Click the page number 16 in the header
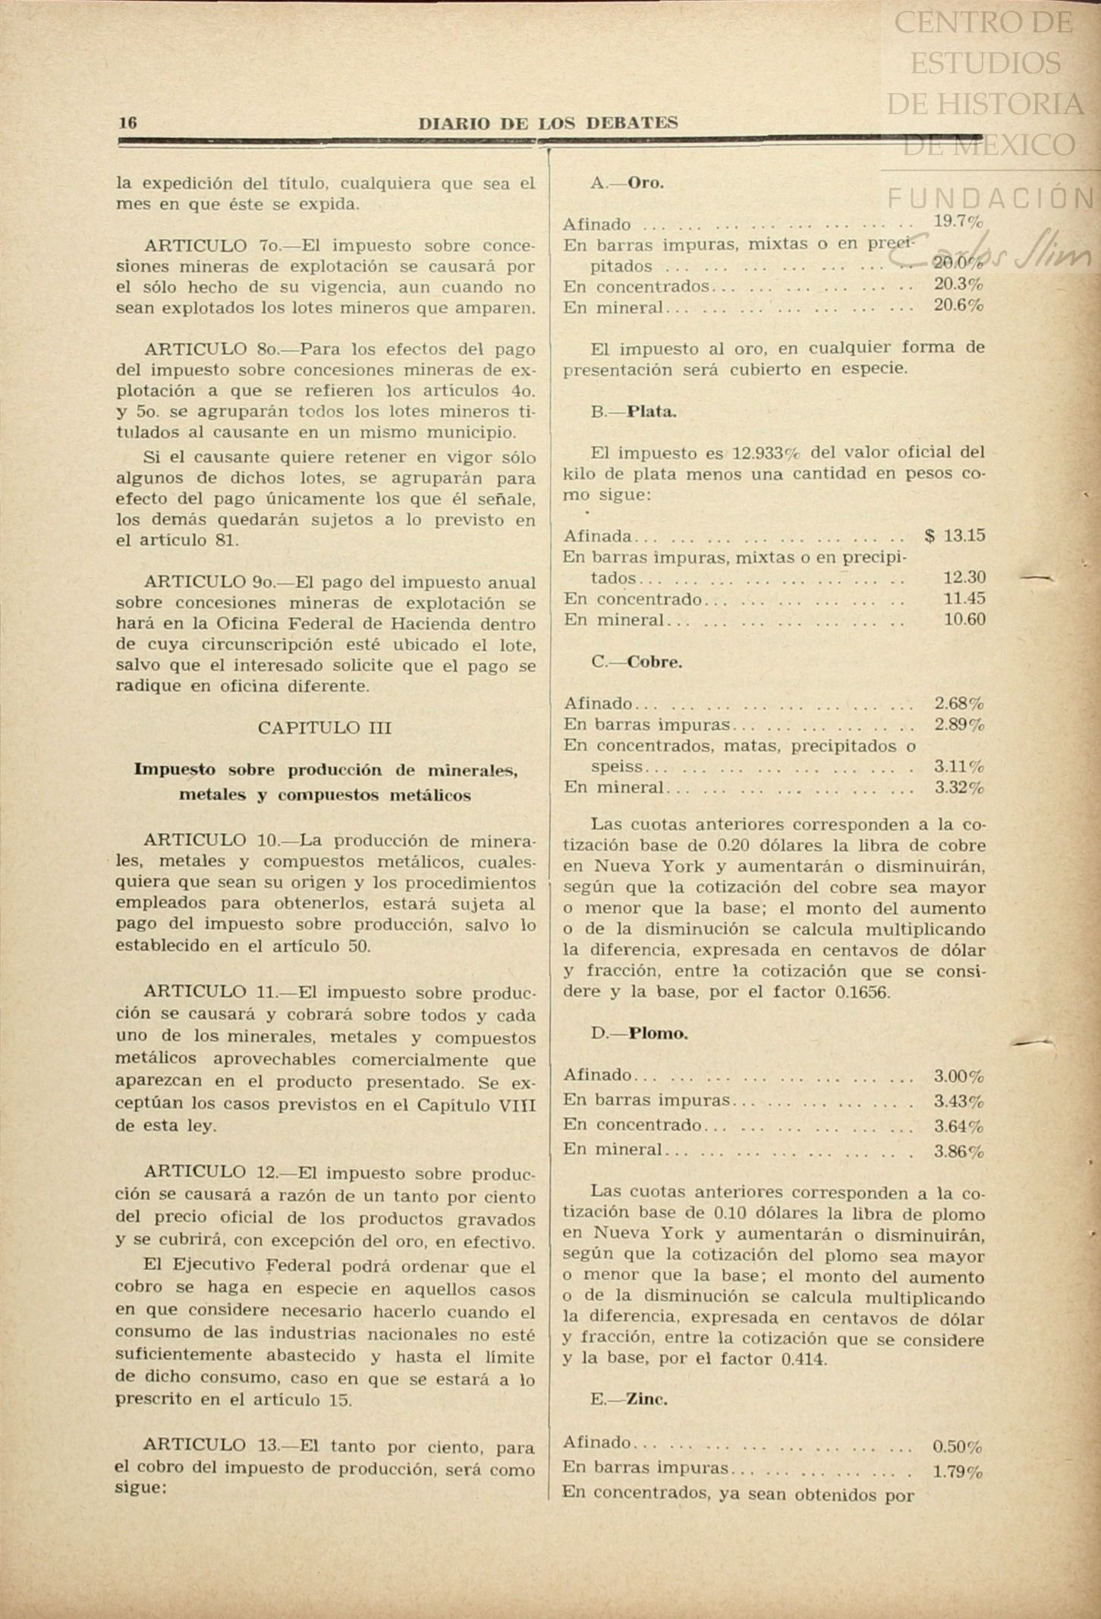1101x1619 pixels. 127,123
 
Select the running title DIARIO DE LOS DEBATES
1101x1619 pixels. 548,123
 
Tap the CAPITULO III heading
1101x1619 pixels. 325,728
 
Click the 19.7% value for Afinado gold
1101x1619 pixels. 958,222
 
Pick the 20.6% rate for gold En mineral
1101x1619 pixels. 958,306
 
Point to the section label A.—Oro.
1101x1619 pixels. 627,183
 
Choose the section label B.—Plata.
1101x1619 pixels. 634,412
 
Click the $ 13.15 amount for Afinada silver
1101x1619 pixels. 955,536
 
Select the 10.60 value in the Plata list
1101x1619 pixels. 964,619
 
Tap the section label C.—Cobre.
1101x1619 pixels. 637,662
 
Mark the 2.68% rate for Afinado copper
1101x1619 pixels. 959,703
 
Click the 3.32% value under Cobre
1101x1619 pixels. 959,787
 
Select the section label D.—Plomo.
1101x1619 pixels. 639,1033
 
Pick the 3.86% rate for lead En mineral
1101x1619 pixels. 958,1152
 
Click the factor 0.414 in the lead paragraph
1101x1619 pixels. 803,1359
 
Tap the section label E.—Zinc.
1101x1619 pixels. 629,1400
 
